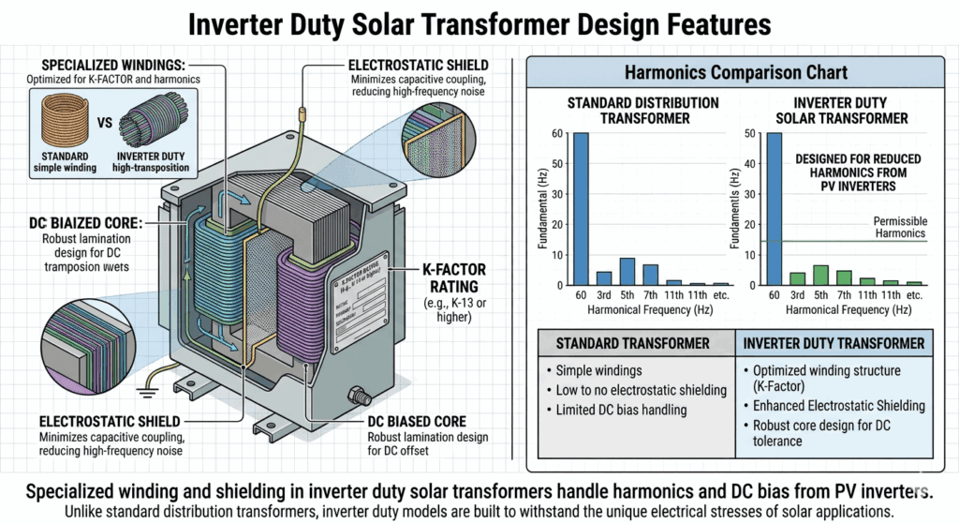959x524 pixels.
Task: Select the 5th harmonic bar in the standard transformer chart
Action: (x=627, y=271)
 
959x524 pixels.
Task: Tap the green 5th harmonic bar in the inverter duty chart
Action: (x=820, y=275)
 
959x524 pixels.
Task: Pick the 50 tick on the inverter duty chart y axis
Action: (x=749, y=133)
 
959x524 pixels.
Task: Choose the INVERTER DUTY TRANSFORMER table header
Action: (x=831, y=342)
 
